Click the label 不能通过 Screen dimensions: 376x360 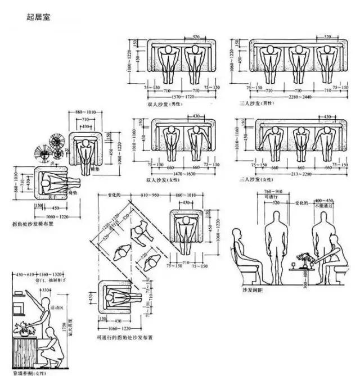coord(324,206)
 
